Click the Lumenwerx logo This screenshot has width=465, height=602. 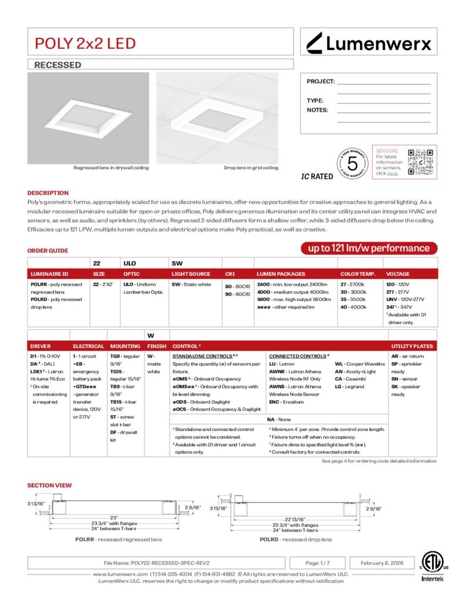(369, 42)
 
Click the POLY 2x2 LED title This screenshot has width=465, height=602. (85, 43)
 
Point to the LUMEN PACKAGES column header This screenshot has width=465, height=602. (281, 274)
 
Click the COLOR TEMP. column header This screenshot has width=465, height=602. (358, 274)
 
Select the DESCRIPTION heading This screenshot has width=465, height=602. (48, 193)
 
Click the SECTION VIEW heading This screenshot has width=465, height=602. (49, 485)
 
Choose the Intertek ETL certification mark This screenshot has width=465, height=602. (433, 567)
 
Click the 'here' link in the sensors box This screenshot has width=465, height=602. (392, 173)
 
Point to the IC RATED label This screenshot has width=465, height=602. (317, 176)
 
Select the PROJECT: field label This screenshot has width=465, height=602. (320, 82)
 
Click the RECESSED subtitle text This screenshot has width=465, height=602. (58, 65)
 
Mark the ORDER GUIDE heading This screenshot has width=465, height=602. (48, 251)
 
